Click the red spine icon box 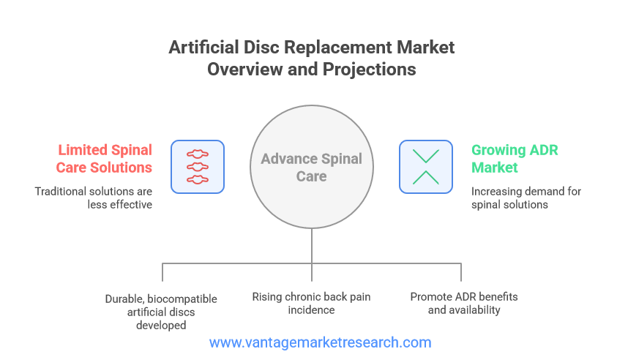coord(198,167)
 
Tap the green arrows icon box coord(426,167)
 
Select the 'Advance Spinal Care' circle coord(312,167)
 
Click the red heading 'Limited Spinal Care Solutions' coord(104,159)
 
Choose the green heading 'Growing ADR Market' coord(515,159)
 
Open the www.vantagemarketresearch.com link coord(320,342)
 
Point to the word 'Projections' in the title coord(370,70)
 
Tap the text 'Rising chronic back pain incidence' coord(311,303)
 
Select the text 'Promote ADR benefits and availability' coord(464,303)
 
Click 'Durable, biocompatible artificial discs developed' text coord(161,312)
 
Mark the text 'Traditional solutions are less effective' coord(93,198)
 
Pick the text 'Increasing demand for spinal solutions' coord(526,198)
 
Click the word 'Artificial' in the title coord(204,48)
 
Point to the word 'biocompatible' coord(182,299)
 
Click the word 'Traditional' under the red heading coord(61,192)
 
